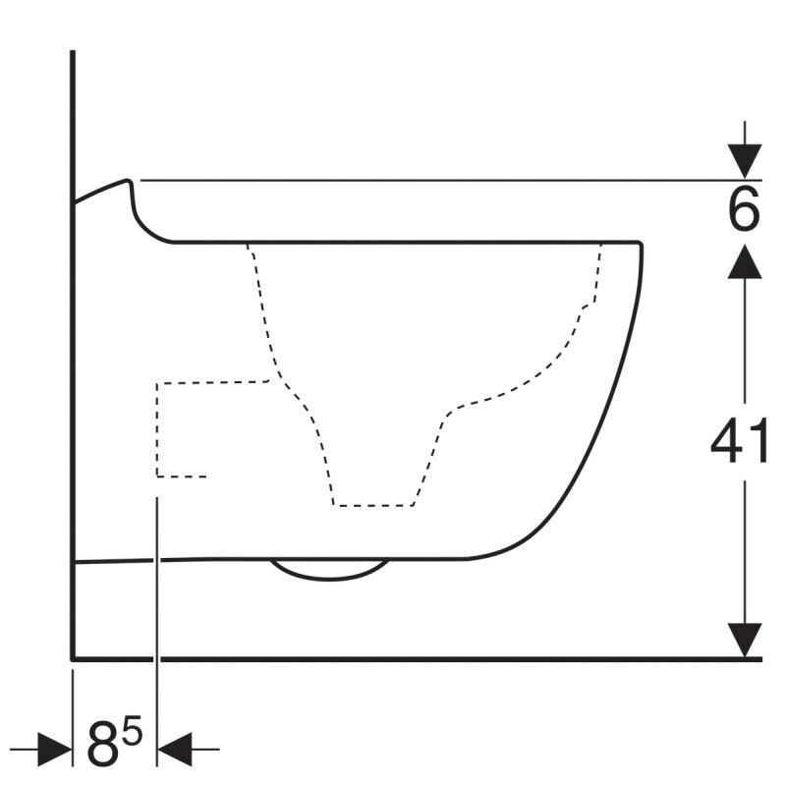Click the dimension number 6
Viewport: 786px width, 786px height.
click(744, 208)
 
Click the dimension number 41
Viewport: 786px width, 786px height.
click(739, 441)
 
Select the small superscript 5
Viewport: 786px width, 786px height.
click(133, 730)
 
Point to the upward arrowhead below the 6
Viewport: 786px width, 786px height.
click(745, 261)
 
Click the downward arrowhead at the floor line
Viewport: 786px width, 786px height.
click(745, 641)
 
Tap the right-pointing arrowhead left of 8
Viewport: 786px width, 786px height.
click(55, 749)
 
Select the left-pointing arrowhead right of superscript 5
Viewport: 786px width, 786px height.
click(175, 749)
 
